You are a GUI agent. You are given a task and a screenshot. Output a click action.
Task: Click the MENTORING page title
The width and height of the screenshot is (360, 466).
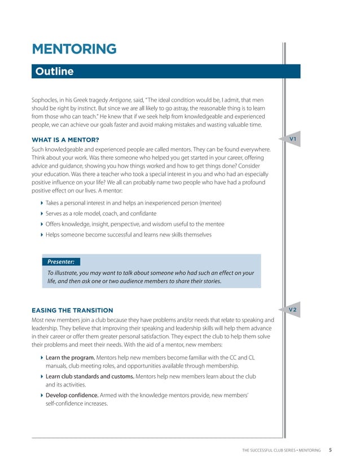tap(74, 49)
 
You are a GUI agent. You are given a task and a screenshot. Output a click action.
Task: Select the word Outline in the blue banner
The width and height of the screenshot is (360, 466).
tap(54, 72)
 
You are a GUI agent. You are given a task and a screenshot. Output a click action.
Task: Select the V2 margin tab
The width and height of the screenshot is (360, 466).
tap(293, 310)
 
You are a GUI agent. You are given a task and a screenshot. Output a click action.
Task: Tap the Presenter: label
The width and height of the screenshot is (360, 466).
tap(61, 262)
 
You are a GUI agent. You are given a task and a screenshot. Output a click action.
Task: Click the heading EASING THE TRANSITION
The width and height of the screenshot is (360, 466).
tap(72, 311)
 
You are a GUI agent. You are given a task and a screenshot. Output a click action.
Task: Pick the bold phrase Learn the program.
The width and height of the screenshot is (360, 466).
tap(70, 358)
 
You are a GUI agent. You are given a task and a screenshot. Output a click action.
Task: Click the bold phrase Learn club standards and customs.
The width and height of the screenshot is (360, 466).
tap(90, 376)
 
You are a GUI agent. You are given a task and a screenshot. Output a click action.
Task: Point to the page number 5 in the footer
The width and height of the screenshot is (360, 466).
tap(330, 450)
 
